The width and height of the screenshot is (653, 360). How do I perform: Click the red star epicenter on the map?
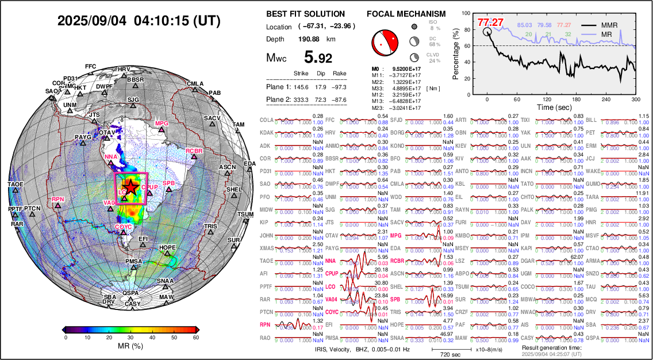coord(132,187)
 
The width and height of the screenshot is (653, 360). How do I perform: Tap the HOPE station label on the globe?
coord(167,248)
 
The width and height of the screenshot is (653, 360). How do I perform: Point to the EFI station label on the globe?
coord(143,238)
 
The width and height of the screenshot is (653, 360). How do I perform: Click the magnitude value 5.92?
coord(318,58)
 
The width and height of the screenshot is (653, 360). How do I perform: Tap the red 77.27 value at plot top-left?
coord(490,22)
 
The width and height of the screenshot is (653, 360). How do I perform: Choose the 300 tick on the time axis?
coord(635,99)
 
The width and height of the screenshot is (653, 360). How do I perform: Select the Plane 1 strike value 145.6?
coord(301,87)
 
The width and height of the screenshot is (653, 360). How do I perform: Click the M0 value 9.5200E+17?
coord(406,68)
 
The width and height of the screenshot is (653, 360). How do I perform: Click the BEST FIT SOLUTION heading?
coord(305,14)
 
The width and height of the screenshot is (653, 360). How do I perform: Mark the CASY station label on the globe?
coord(133,304)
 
